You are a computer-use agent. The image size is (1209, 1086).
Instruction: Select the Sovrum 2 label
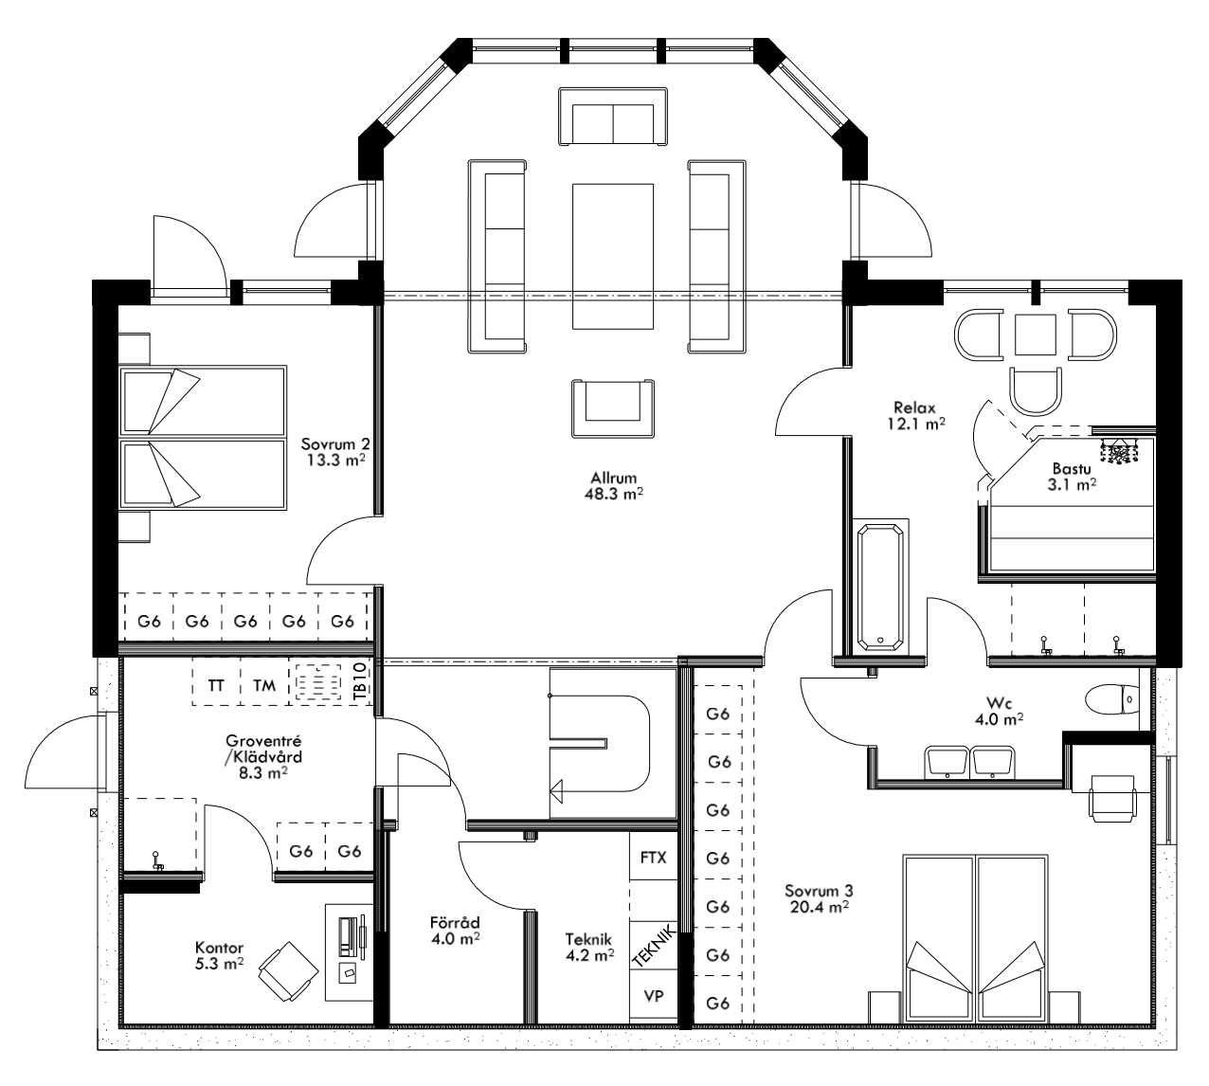pos(334,443)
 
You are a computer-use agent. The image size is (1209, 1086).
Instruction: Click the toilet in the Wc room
pos(1113,700)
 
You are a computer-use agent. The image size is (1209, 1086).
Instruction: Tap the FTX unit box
pos(654,858)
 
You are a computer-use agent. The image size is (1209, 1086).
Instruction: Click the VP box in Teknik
pos(654,997)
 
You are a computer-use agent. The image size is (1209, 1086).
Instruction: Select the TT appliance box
pos(216,685)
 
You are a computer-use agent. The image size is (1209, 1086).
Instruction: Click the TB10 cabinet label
pos(359,682)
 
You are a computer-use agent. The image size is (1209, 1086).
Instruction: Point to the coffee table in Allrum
pos(613,256)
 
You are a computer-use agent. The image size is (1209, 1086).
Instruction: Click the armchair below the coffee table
pos(613,407)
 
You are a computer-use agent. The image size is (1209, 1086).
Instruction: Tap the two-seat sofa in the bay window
pos(613,117)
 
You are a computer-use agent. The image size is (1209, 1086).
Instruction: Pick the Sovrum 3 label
pos(819,891)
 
